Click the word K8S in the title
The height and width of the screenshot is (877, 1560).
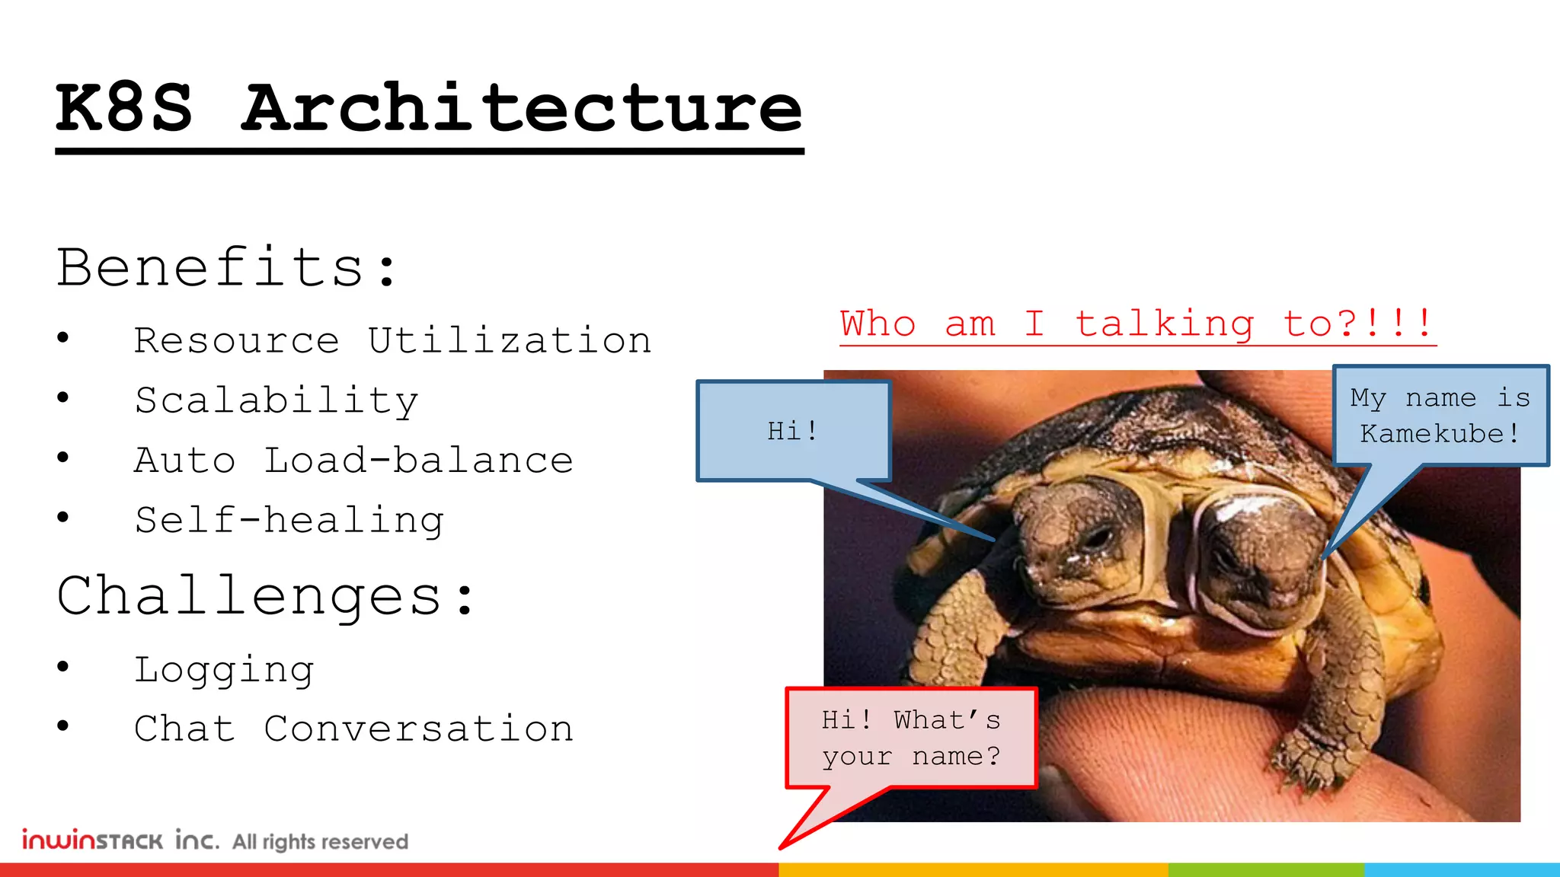124,108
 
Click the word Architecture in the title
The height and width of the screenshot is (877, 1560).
522,108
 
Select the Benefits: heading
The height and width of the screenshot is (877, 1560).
227,268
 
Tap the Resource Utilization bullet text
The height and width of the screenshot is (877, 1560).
392,340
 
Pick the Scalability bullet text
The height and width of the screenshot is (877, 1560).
277,400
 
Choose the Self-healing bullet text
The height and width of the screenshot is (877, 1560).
289,521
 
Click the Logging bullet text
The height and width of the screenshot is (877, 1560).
224,670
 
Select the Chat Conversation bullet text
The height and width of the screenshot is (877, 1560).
353,729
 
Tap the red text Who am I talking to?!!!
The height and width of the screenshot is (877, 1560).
1137,324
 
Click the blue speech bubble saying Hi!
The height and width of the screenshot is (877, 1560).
793,431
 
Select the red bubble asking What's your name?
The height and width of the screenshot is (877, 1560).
911,738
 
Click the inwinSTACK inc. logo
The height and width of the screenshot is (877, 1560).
120,840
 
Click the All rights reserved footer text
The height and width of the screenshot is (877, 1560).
320,842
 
